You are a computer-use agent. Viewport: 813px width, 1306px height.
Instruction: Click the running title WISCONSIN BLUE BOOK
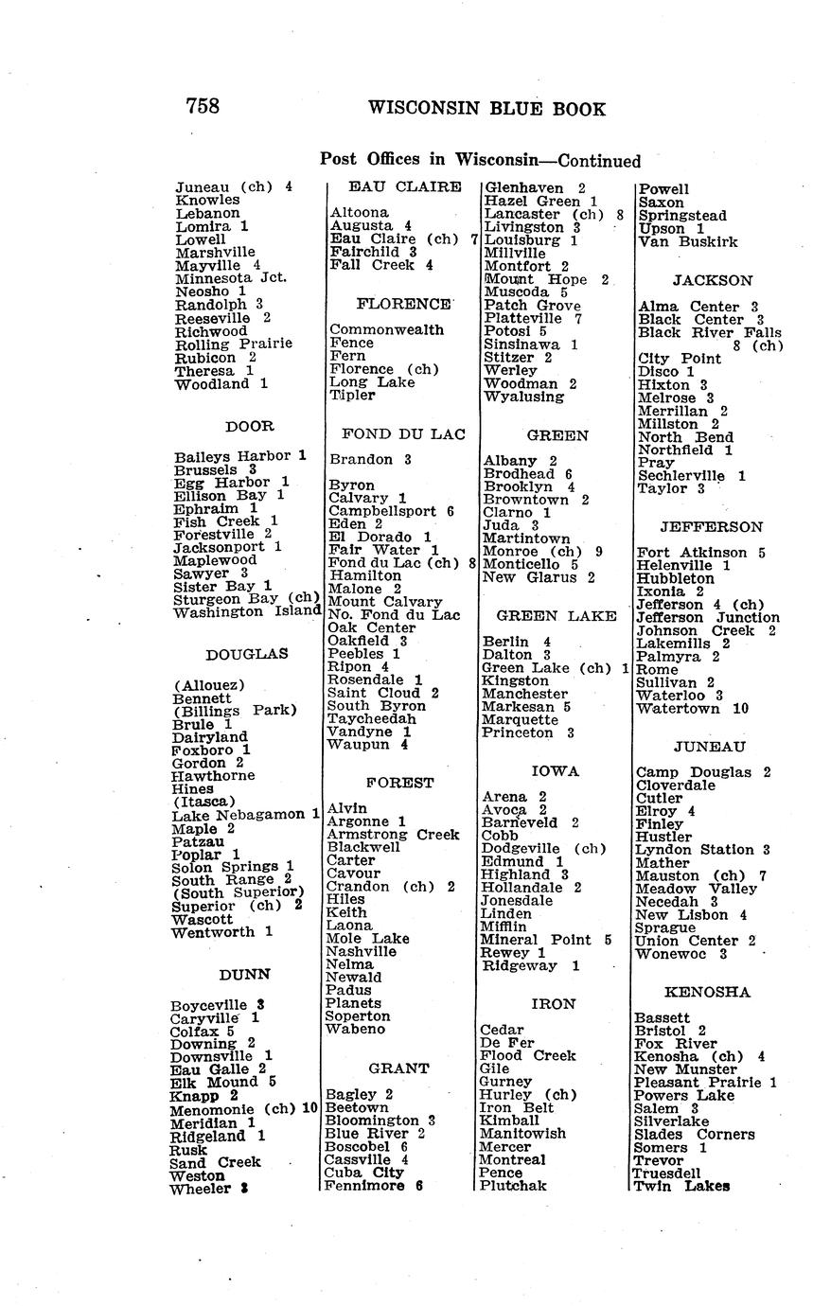tap(486, 109)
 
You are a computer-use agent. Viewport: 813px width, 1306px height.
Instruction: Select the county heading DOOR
tap(250, 426)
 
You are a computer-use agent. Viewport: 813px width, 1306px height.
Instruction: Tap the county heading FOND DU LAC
tap(403, 434)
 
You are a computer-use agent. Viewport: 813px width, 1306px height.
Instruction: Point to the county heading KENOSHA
tap(708, 992)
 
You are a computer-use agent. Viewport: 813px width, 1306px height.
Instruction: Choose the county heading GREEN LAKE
tap(557, 615)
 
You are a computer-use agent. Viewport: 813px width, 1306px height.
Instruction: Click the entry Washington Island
tap(248, 611)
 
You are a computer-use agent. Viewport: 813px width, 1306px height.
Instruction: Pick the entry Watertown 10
tap(693, 708)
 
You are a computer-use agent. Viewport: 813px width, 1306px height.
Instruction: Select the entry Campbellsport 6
tap(391, 511)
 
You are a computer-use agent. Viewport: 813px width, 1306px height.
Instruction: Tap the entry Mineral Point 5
tap(546, 940)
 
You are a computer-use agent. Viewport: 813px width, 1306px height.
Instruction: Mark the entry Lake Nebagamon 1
tap(245, 815)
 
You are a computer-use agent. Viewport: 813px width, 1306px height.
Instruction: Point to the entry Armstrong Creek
tap(393, 835)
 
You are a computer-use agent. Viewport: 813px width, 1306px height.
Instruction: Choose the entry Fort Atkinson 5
tap(700, 553)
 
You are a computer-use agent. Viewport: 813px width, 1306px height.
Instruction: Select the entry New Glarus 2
tap(539, 577)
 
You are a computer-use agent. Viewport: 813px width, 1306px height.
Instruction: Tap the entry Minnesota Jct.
tap(231, 278)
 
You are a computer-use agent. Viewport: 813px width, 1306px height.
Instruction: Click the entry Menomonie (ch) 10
tap(243, 1109)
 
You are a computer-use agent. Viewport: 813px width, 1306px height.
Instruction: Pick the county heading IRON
tap(554, 1004)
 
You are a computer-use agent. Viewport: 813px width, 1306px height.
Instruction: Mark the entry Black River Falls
tap(710, 332)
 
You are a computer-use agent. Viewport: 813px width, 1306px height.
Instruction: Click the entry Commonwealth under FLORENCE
tap(387, 329)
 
